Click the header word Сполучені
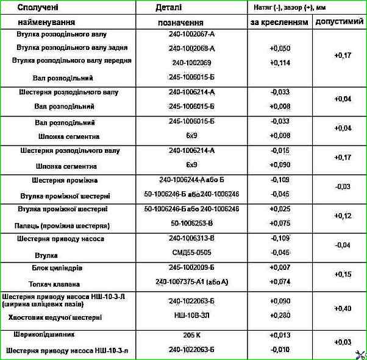click(x=38, y=8)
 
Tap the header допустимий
click(x=339, y=22)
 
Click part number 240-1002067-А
click(x=191, y=34)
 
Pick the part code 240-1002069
click(x=191, y=62)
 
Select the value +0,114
click(x=279, y=62)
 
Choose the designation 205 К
click(x=191, y=335)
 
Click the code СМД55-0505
click(x=191, y=252)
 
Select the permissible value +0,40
click(x=343, y=309)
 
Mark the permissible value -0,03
click(x=343, y=186)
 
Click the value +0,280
click(x=279, y=317)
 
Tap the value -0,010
click(x=279, y=350)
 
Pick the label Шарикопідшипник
click(x=47, y=335)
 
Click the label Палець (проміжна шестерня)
click(x=65, y=224)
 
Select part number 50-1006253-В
click(x=191, y=224)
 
